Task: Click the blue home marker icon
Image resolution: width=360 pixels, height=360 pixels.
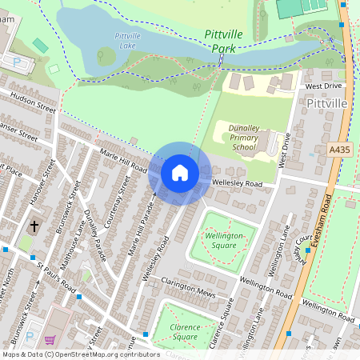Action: coord(180,173)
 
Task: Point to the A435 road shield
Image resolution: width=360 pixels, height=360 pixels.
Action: coord(339,149)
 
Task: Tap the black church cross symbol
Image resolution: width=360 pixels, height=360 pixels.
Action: coord(34,227)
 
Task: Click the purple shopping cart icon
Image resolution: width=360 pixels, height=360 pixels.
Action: coord(50,340)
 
